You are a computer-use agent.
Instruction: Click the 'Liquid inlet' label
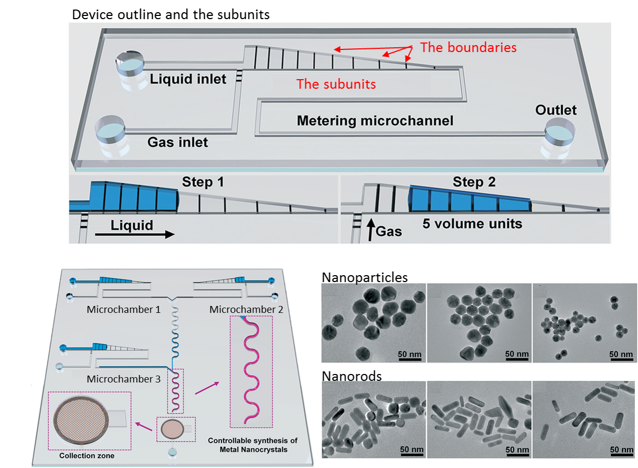pos(188,80)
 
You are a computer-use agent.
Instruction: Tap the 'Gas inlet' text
pos(177,142)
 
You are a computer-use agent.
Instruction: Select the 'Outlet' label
pos(556,110)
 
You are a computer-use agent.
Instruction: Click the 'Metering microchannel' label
pos(375,121)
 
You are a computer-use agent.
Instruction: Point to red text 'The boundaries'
pos(468,47)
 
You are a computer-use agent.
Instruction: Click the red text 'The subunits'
pos(336,84)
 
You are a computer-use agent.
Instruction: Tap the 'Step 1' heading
pos(203,182)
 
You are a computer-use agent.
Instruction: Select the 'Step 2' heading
pos(474,182)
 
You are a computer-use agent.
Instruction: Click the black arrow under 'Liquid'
pos(135,234)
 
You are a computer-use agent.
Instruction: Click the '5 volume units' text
pos(472,224)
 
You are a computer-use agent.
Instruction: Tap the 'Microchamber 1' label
pos(124,309)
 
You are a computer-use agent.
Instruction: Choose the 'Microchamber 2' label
pos(246,309)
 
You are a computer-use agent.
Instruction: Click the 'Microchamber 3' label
pos(124,379)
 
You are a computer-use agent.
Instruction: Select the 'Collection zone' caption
pos(87,456)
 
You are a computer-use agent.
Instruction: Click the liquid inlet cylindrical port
pos(130,66)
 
